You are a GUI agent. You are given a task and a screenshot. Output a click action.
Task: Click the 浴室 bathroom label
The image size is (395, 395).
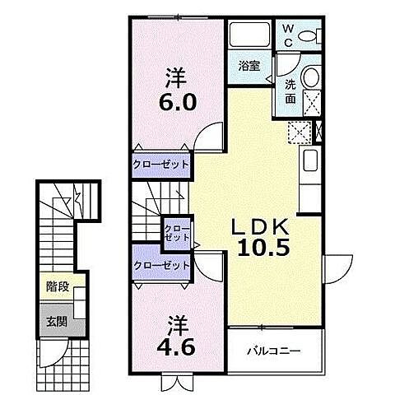point(250,67)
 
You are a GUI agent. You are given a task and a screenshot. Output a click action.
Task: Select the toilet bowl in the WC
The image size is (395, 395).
point(311,36)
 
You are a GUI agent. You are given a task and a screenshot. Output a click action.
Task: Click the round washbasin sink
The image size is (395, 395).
point(311,77)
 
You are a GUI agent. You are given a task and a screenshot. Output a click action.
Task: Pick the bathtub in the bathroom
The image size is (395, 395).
point(251,35)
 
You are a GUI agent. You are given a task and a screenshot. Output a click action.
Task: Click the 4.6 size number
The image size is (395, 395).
point(175,337)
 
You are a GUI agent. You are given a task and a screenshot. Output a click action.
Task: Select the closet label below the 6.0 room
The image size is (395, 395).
point(160,164)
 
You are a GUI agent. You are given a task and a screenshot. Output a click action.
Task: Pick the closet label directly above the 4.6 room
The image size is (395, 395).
point(161,265)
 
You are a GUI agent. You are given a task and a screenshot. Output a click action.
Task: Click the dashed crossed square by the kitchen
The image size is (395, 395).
point(300,132)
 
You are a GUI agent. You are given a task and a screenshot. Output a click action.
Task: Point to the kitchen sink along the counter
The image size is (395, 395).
point(310,161)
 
